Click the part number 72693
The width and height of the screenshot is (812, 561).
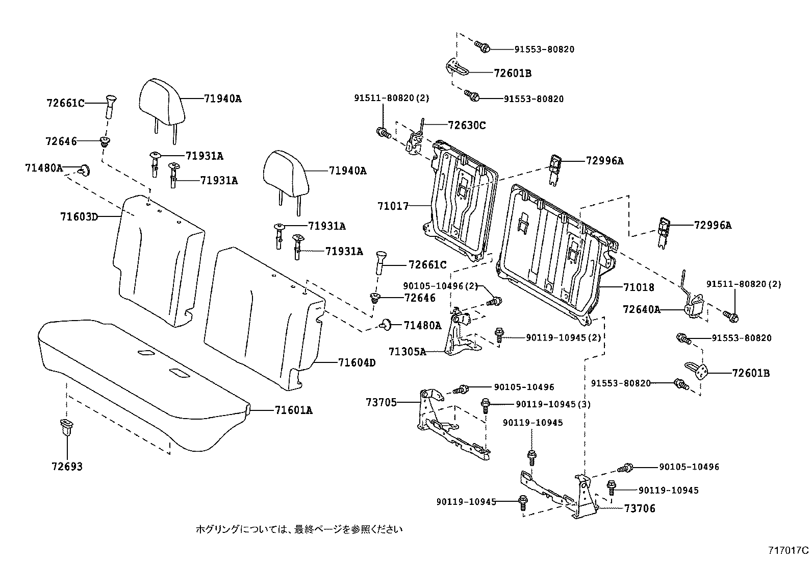67,467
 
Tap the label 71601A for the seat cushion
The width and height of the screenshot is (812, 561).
293,410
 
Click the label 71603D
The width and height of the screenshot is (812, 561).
79,216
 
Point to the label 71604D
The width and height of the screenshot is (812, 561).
357,363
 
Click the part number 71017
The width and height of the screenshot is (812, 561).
393,206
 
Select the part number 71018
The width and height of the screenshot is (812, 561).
639,288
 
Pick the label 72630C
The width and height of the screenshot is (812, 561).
467,125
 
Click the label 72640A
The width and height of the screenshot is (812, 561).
642,309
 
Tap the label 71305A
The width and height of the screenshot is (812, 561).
407,352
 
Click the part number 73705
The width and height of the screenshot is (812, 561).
381,402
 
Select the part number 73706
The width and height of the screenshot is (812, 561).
640,508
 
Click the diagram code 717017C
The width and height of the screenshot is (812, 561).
789,550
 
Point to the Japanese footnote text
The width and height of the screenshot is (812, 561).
299,529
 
